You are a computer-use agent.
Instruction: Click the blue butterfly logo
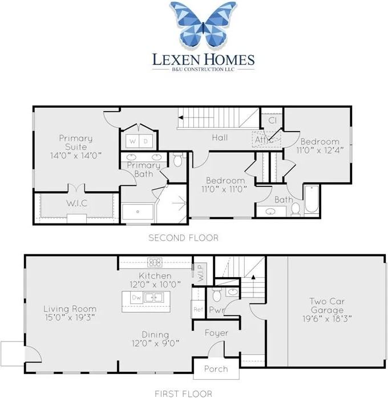pyautogui.click(x=203, y=25)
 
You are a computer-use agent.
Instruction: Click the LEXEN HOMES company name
pyautogui.click(x=203, y=60)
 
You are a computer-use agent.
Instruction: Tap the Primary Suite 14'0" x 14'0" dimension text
pyautogui.click(x=76, y=155)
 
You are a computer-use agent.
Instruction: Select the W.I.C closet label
pyautogui.click(x=76, y=204)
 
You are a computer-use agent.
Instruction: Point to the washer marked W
pyautogui.click(x=132, y=141)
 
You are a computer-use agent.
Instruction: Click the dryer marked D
pyautogui.click(x=145, y=141)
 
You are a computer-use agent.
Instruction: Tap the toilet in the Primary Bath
pyautogui.click(x=178, y=160)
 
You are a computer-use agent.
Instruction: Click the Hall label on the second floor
pyautogui.click(x=220, y=138)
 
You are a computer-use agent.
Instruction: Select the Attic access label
pyautogui.click(x=264, y=140)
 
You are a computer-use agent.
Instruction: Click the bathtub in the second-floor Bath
pyautogui.click(x=312, y=199)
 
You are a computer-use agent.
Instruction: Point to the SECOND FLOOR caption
pyautogui.click(x=183, y=238)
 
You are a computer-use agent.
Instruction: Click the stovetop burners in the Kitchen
pyautogui.click(x=155, y=262)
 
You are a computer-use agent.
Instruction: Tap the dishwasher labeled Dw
pyautogui.click(x=136, y=297)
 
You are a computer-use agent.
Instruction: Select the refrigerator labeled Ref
pyautogui.click(x=198, y=309)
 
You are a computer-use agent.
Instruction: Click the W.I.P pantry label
pyautogui.click(x=201, y=273)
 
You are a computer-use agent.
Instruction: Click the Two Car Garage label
pyautogui.click(x=327, y=306)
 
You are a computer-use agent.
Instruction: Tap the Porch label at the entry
pyautogui.click(x=216, y=369)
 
